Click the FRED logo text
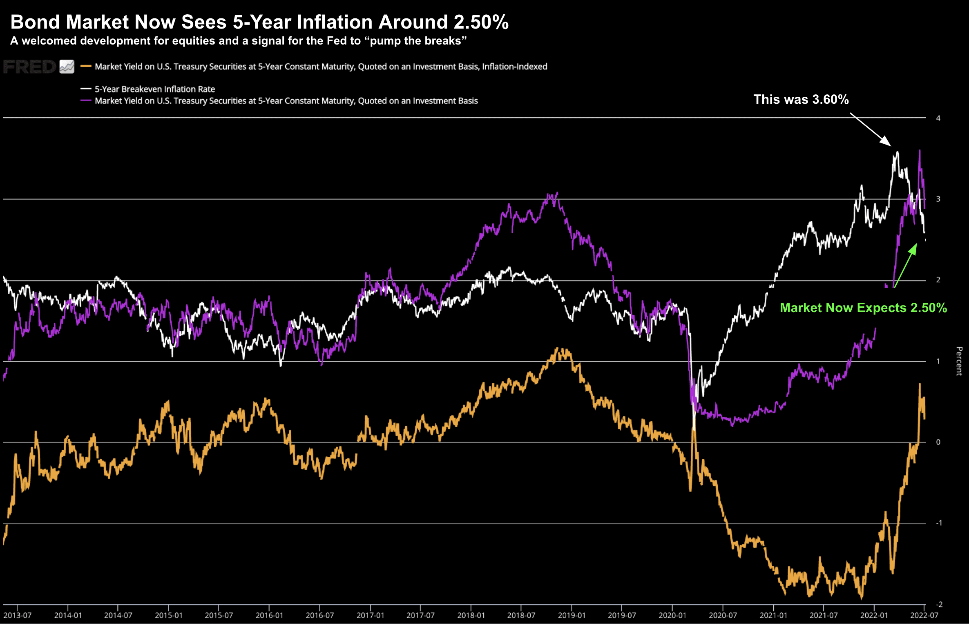[29, 67]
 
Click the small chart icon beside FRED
[67, 67]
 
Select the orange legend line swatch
[86, 66]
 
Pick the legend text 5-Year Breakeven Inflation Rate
[155, 89]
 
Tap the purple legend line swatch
[86, 100]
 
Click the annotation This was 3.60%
[801, 99]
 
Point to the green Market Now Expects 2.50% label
[863, 308]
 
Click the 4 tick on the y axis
[938, 118]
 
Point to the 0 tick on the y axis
[938, 442]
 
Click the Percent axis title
[959, 361]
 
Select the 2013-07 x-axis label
[17, 615]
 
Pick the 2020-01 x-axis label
[672, 615]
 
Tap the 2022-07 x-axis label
[924, 615]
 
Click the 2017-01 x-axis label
[370, 615]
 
